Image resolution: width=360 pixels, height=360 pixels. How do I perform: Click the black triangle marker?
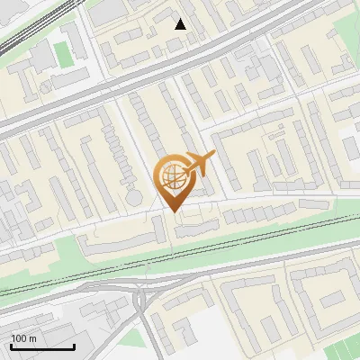[181, 24]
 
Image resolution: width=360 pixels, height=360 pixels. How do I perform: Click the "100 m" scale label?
[23, 338]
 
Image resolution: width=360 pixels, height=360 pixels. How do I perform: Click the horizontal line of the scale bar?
[42, 346]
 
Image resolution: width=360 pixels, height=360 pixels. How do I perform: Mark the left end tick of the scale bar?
[11, 345]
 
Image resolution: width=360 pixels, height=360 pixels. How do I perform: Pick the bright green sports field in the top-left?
[62, 54]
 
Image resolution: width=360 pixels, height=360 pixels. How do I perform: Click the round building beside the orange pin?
[134, 196]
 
